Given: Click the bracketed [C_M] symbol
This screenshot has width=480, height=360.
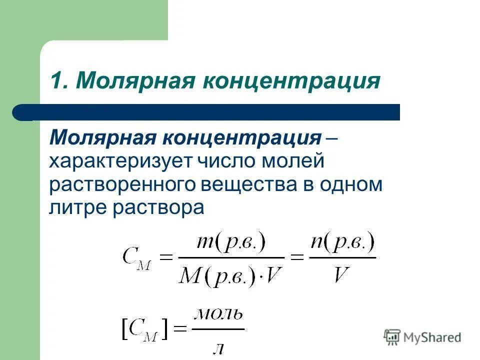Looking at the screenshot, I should [145, 330].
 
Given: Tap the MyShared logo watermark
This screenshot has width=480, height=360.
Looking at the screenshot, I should [422, 337].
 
